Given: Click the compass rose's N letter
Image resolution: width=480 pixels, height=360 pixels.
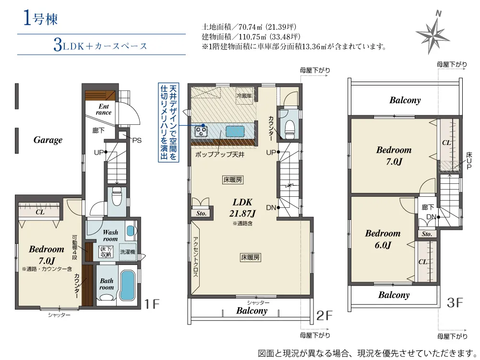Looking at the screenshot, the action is pyautogui.click(x=438, y=14).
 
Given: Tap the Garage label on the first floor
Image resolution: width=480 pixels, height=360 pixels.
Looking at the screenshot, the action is pyautogui.click(x=48, y=140).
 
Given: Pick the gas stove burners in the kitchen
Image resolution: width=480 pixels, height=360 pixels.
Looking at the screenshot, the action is pyautogui.click(x=201, y=131).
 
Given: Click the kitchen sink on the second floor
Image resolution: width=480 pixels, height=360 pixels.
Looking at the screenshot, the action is pyautogui.click(x=235, y=131).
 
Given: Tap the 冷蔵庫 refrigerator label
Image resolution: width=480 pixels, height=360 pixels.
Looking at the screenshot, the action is pyautogui.click(x=244, y=96).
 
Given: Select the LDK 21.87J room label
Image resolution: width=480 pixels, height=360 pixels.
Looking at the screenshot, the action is pyautogui.click(x=242, y=207).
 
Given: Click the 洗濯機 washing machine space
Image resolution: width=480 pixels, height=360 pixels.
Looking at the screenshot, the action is pyautogui.click(x=128, y=252).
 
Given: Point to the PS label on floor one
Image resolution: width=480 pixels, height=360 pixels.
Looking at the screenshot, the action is pyautogui.click(x=137, y=140).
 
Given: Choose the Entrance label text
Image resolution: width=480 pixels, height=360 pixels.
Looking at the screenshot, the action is pyautogui.click(x=104, y=109).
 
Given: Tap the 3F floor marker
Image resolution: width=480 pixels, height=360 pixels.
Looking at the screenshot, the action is pyautogui.click(x=455, y=303).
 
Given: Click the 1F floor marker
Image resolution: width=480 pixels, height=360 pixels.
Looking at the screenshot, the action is pyautogui.click(x=152, y=304).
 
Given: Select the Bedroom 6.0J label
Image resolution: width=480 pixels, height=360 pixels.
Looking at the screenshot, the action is pyautogui.click(x=383, y=239).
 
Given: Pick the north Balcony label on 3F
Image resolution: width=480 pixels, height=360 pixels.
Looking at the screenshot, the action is pyautogui.click(x=405, y=100).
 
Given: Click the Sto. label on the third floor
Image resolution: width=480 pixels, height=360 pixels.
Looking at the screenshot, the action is pyautogui.click(x=427, y=234).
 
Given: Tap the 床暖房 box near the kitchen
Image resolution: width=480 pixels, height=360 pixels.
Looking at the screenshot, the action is pyautogui.click(x=233, y=180).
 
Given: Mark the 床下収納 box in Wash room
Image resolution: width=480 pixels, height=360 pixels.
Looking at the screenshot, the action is pyautogui.click(x=106, y=252).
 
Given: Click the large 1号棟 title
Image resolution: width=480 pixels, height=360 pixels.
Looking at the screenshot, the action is pyautogui.click(x=40, y=19).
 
